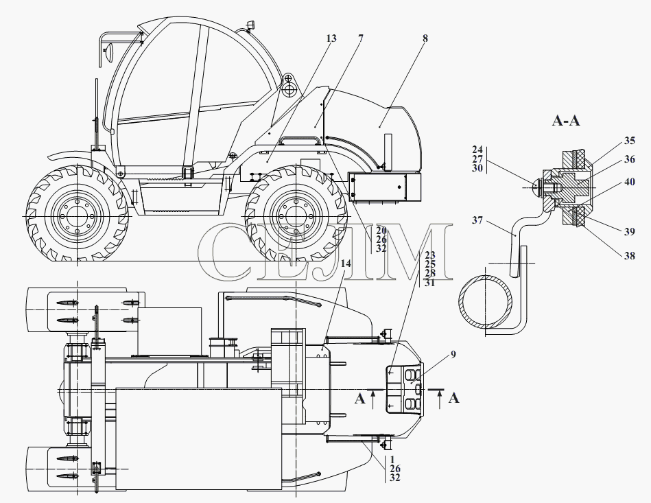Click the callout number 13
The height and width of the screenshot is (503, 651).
point(331,38)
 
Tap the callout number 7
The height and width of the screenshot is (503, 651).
point(360,38)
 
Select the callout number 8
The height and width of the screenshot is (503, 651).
point(425,38)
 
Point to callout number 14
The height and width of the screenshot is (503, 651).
point(346,264)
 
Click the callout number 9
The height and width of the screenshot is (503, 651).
point(453,354)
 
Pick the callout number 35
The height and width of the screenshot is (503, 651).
point(630,141)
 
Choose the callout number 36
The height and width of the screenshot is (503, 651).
point(630,159)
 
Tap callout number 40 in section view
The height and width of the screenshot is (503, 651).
point(630,182)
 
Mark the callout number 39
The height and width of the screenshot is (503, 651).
point(630,232)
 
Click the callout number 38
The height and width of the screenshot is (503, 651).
point(630,256)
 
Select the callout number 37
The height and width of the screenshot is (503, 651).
point(477,220)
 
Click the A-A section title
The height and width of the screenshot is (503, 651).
point(566,121)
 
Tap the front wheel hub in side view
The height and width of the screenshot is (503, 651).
point(77,216)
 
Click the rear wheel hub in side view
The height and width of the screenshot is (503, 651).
point(295,216)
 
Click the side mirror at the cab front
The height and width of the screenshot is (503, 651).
point(109,53)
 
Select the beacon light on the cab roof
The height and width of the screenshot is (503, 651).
point(250,24)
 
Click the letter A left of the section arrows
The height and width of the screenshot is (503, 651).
point(359,399)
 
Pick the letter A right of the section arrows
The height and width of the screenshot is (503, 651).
point(454,398)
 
